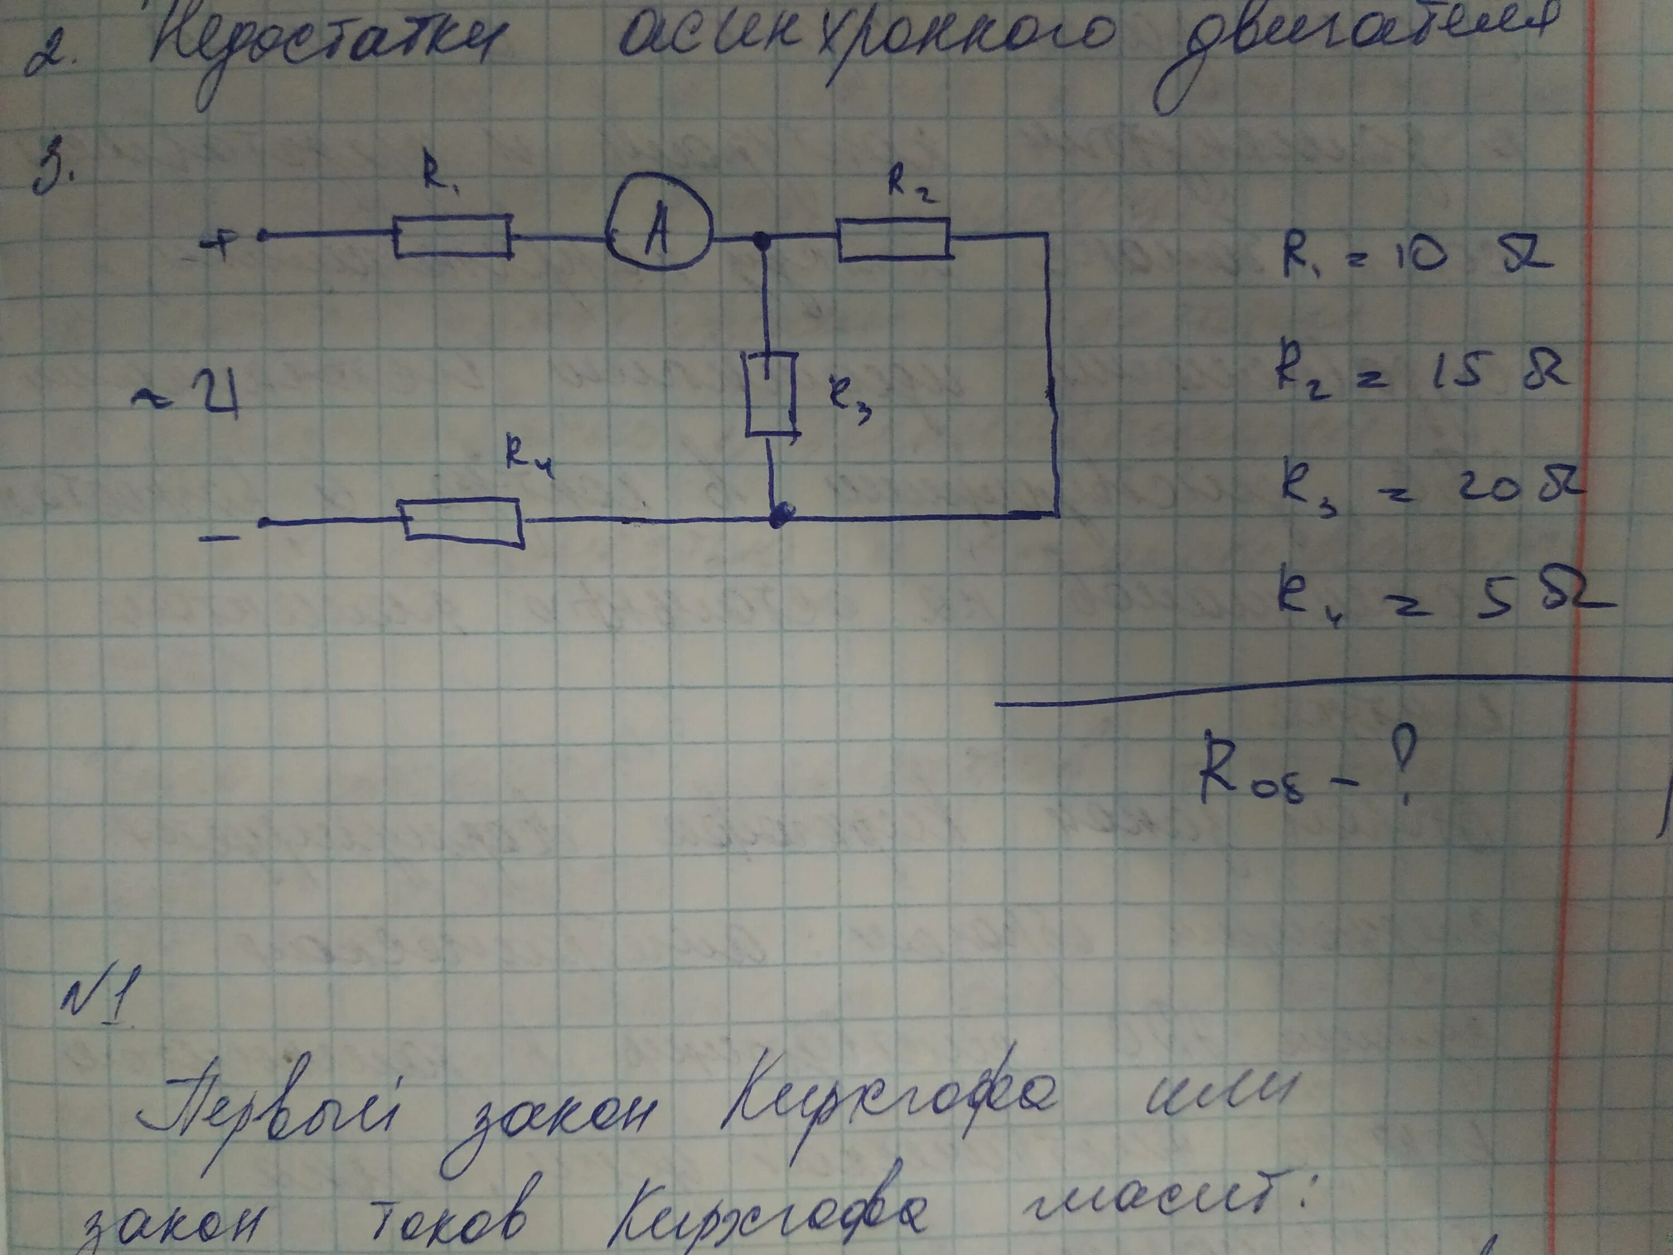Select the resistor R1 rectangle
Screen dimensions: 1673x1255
452,236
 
